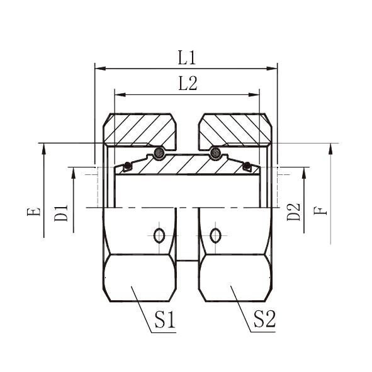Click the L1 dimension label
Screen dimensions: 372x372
pyautogui.click(x=187, y=58)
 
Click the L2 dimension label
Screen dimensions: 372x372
pyautogui.click(x=188, y=84)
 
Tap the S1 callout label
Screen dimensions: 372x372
pyautogui.click(x=165, y=319)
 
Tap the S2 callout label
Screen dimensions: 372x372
pyautogui.click(x=264, y=319)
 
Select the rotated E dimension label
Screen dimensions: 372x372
pyautogui.click(x=34, y=212)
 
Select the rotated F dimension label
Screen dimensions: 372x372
pyautogui.click(x=320, y=211)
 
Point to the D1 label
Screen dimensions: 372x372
pyautogui.click(x=61, y=213)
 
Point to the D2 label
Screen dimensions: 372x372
pyautogui.click(x=294, y=212)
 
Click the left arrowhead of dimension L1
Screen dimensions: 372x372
pyautogui.click(x=100, y=69)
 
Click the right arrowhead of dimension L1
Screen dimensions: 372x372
pyautogui.click(x=272, y=69)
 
